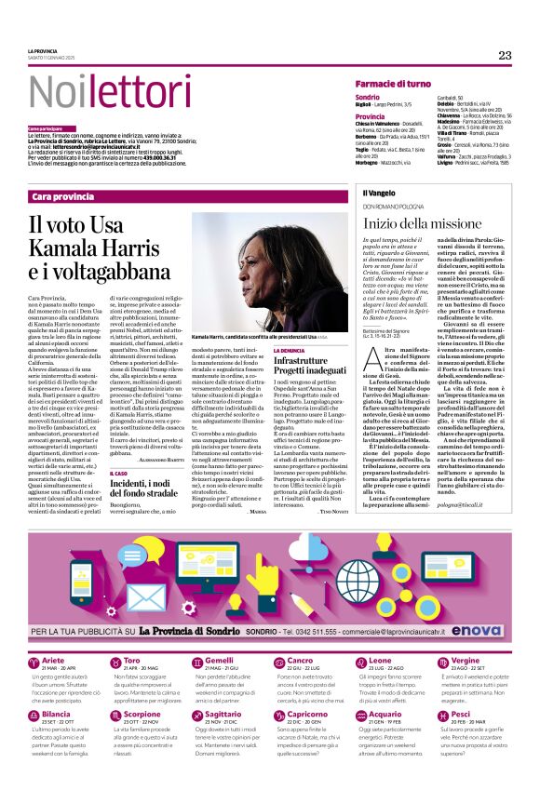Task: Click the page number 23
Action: [x=505, y=55]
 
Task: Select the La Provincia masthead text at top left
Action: [x=43, y=50]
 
